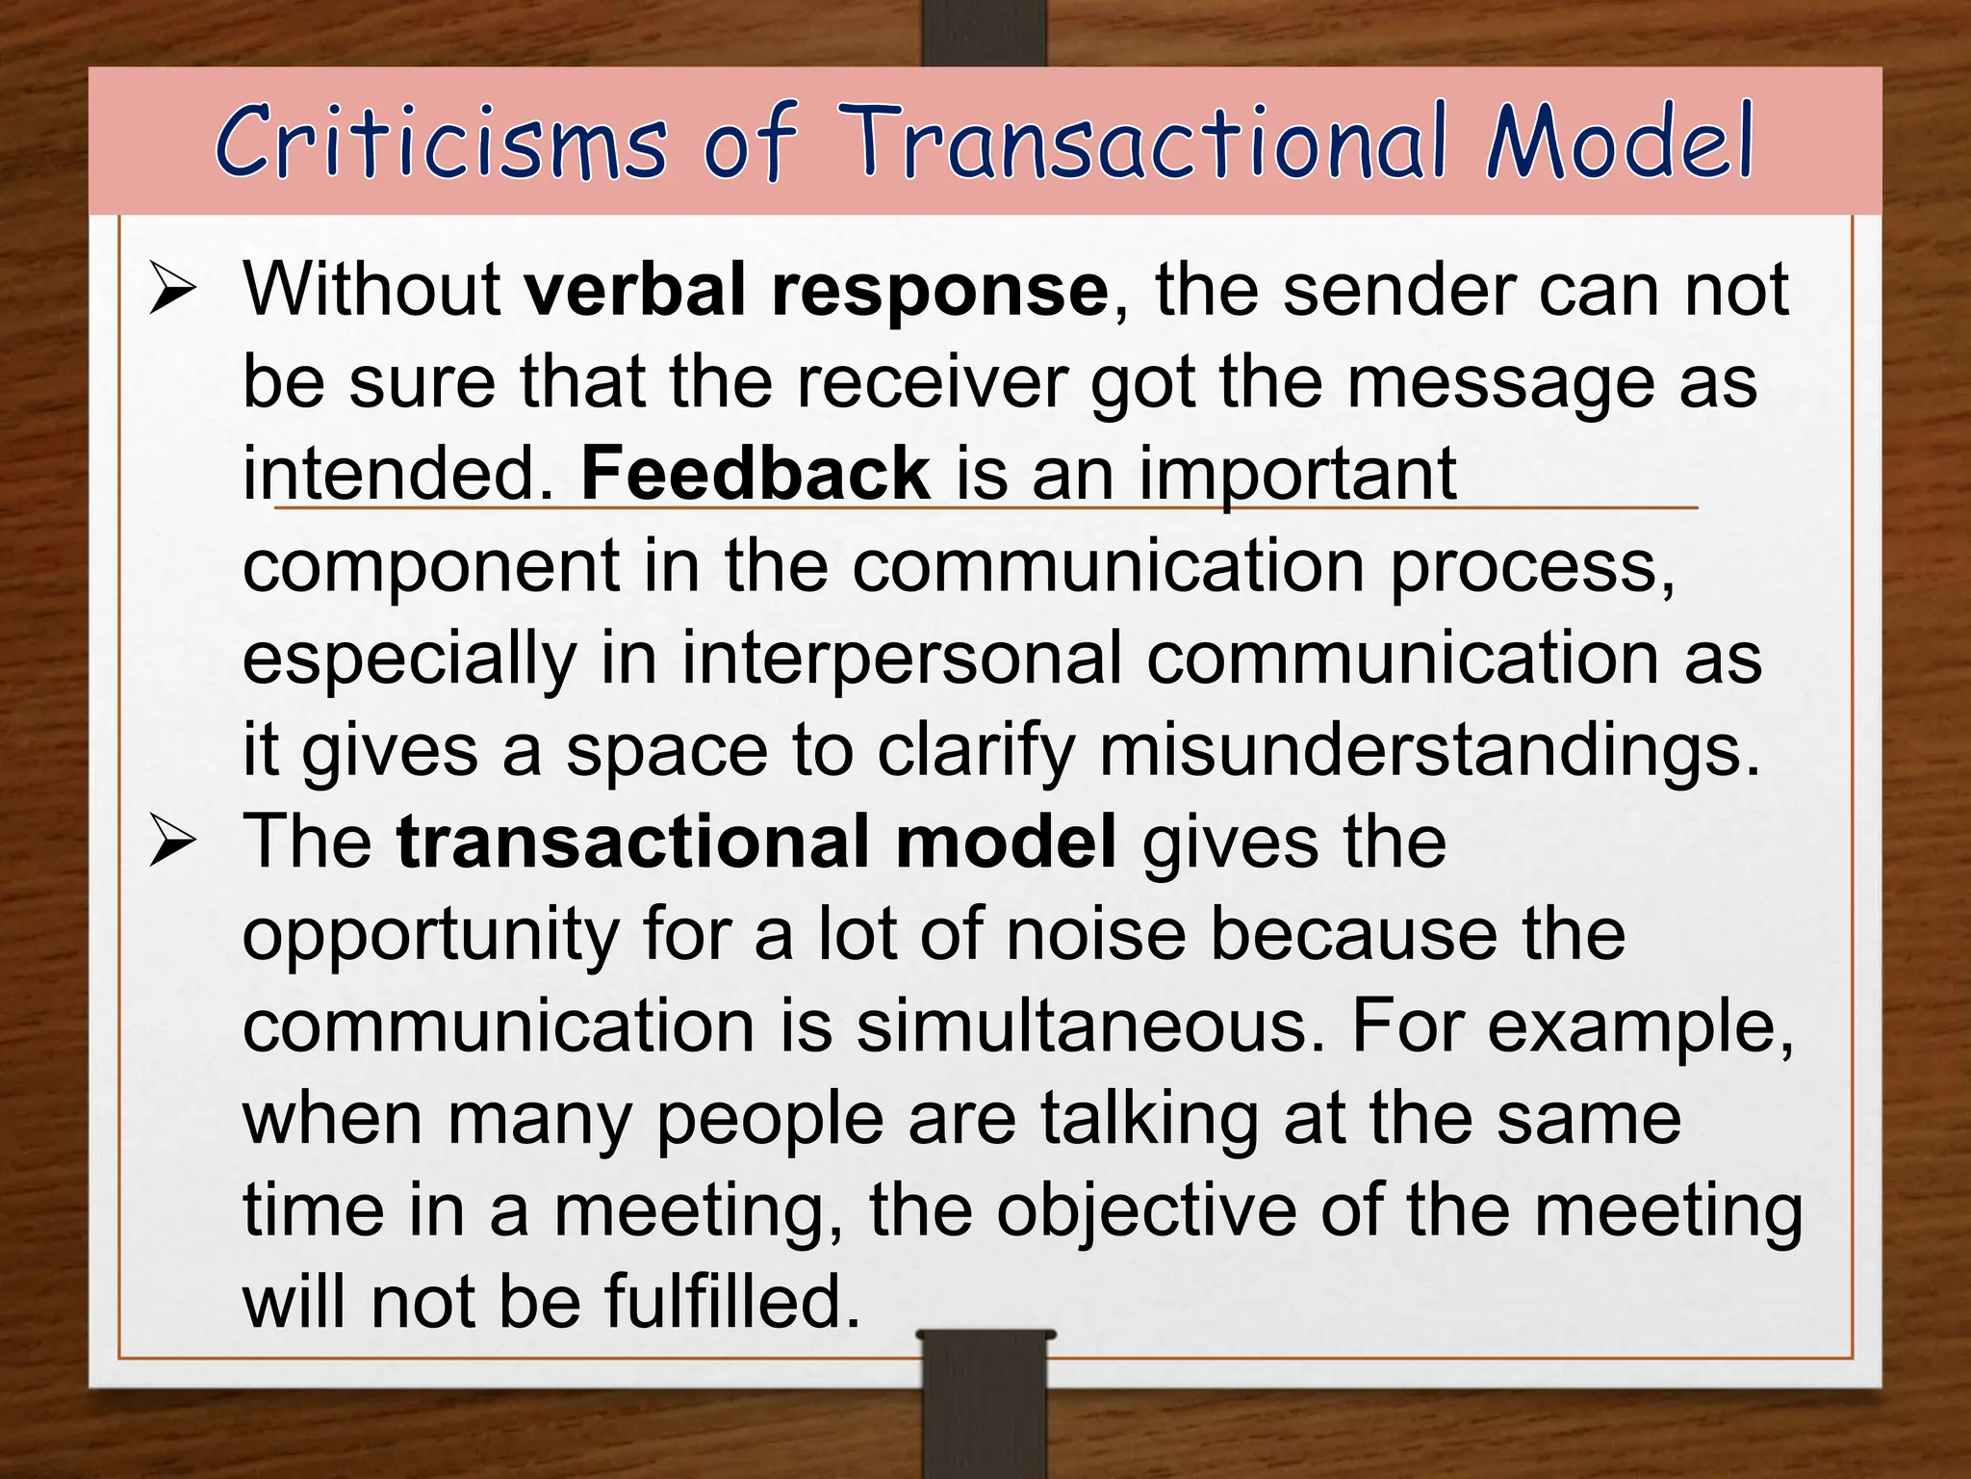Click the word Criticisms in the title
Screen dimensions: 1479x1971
tap(441, 144)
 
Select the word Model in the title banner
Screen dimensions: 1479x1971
tap(1619, 143)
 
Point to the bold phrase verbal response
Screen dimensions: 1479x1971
tap(816, 290)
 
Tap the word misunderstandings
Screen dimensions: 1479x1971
tap(1429, 751)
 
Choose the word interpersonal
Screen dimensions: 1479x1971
tap(902, 660)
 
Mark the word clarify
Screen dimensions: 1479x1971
tap(975, 751)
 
